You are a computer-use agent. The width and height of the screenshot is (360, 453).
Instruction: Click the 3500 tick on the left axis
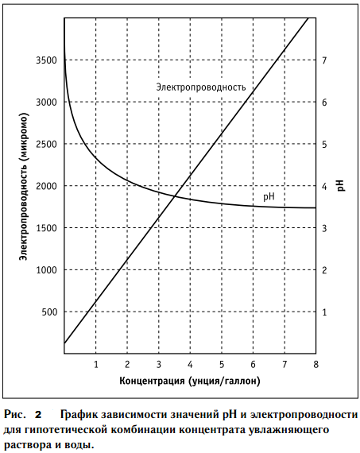pyautogui.click(x=46, y=60)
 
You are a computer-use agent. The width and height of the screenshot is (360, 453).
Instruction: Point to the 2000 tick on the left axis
pyautogui.click(x=46, y=186)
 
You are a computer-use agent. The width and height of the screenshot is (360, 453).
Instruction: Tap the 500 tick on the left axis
pyautogui.click(x=49, y=312)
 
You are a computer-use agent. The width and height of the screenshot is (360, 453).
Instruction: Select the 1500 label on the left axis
pyautogui.click(x=46, y=228)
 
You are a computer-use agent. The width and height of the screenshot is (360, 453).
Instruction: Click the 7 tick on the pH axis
pyautogui.click(x=324, y=60)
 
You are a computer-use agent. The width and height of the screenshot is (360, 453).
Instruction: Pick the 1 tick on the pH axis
pyautogui.click(x=324, y=312)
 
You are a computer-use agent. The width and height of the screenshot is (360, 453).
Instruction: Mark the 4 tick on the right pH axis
pyautogui.click(x=324, y=186)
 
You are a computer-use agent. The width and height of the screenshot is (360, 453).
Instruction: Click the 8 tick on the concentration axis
pyautogui.click(x=315, y=364)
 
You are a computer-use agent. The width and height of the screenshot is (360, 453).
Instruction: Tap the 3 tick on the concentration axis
pyautogui.click(x=159, y=364)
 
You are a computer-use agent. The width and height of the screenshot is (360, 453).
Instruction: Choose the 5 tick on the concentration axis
pyautogui.click(x=222, y=364)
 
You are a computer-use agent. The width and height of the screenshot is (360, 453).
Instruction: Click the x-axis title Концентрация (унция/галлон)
pyautogui.click(x=190, y=381)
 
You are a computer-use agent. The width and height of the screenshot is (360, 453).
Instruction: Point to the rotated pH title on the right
pyautogui.click(x=341, y=185)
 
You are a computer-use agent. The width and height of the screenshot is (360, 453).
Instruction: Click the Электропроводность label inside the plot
pyautogui.click(x=201, y=87)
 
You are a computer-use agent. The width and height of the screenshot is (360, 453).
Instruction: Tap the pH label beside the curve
pyautogui.click(x=269, y=197)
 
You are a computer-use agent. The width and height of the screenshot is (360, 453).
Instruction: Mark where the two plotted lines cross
pyautogui.click(x=175, y=197)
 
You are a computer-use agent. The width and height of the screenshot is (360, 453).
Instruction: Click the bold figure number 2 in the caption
pyautogui.click(x=38, y=415)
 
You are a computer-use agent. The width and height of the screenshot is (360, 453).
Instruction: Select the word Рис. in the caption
pyautogui.click(x=14, y=415)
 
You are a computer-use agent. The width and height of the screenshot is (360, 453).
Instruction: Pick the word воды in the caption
pyautogui.click(x=81, y=445)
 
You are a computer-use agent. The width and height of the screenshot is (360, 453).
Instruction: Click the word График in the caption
pyautogui.click(x=79, y=415)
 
